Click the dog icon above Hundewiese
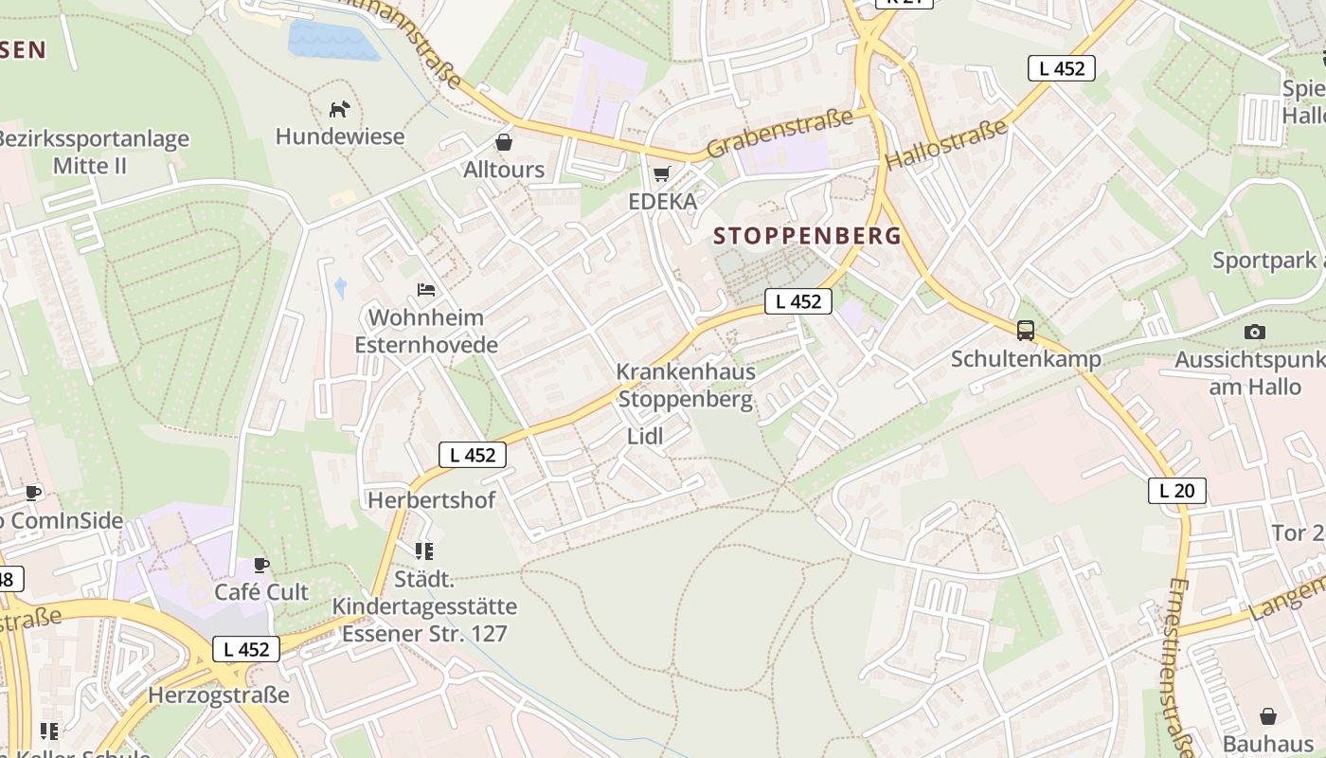click(339, 109)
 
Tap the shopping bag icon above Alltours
click(504, 142)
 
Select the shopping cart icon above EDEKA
click(662, 173)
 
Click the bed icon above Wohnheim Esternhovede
click(426, 289)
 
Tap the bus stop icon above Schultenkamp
click(1026, 331)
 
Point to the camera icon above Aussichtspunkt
click(1255, 332)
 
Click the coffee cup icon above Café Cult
click(261, 566)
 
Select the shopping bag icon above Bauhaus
click(1268, 715)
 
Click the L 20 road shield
click(1177, 490)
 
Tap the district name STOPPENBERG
click(807, 236)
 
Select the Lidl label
click(645, 436)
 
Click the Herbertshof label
click(432, 499)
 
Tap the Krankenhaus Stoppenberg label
click(686, 385)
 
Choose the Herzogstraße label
click(219, 695)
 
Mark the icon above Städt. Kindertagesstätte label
click(423, 550)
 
